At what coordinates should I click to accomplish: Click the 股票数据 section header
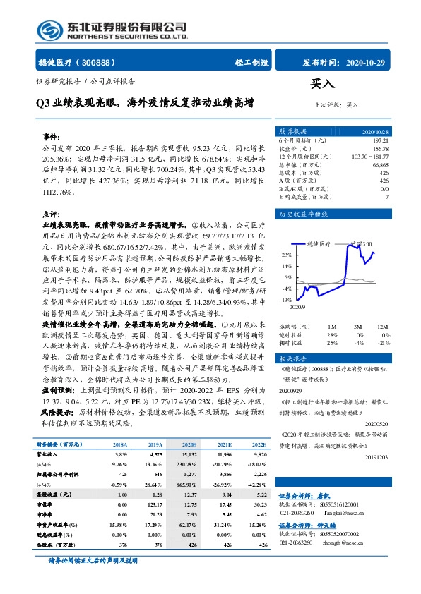293,131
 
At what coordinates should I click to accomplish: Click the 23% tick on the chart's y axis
285,255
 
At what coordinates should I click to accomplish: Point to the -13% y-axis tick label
285,300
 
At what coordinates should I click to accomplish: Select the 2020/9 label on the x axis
297,307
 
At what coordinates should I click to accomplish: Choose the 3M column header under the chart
359,327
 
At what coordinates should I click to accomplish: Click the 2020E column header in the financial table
189,446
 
